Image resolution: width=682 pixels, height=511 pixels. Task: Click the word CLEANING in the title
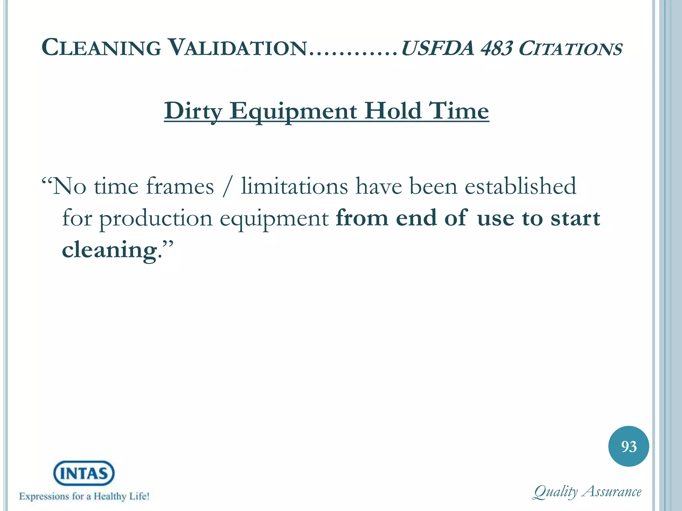click(x=101, y=48)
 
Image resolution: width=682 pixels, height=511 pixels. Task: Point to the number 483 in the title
click(x=496, y=48)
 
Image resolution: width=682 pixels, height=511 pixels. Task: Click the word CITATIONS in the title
click(x=570, y=49)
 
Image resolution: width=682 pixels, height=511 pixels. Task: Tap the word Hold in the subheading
click(x=393, y=111)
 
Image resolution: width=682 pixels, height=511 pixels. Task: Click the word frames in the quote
click(x=180, y=186)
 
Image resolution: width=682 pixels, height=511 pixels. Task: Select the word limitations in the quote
click(x=294, y=186)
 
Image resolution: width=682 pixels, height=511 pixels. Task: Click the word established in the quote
click(x=520, y=186)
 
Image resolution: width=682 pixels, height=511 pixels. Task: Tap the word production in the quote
click(x=156, y=219)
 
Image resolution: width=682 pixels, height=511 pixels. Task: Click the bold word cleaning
click(x=109, y=250)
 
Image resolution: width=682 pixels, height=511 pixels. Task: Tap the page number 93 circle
click(x=628, y=446)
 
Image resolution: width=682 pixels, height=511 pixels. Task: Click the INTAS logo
click(x=84, y=473)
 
